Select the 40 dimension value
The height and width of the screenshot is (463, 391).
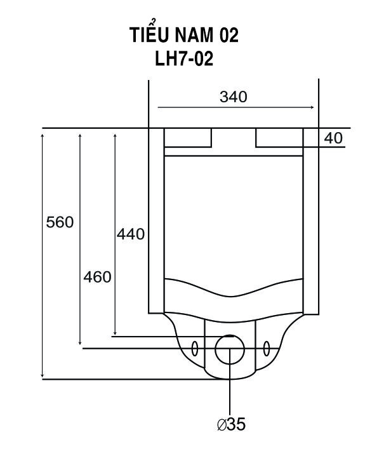333,138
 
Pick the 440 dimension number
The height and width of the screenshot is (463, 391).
131,234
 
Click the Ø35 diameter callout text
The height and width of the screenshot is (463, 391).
231,424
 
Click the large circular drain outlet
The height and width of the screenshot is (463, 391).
230,349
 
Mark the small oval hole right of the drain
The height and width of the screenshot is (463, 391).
267,348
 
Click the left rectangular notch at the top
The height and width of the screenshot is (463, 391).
188,137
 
